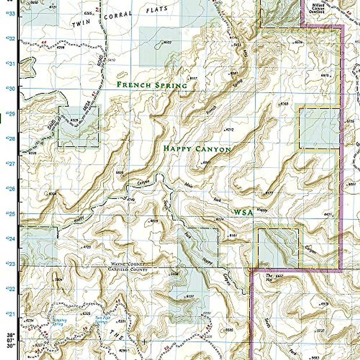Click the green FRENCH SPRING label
[152, 85]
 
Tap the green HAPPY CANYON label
[197, 149]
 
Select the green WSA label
[243, 212]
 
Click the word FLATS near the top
[157, 10]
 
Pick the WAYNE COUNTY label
[128, 264]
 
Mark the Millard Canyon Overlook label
[318, 7]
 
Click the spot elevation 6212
[229, 130]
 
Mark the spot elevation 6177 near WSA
[269, 193]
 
